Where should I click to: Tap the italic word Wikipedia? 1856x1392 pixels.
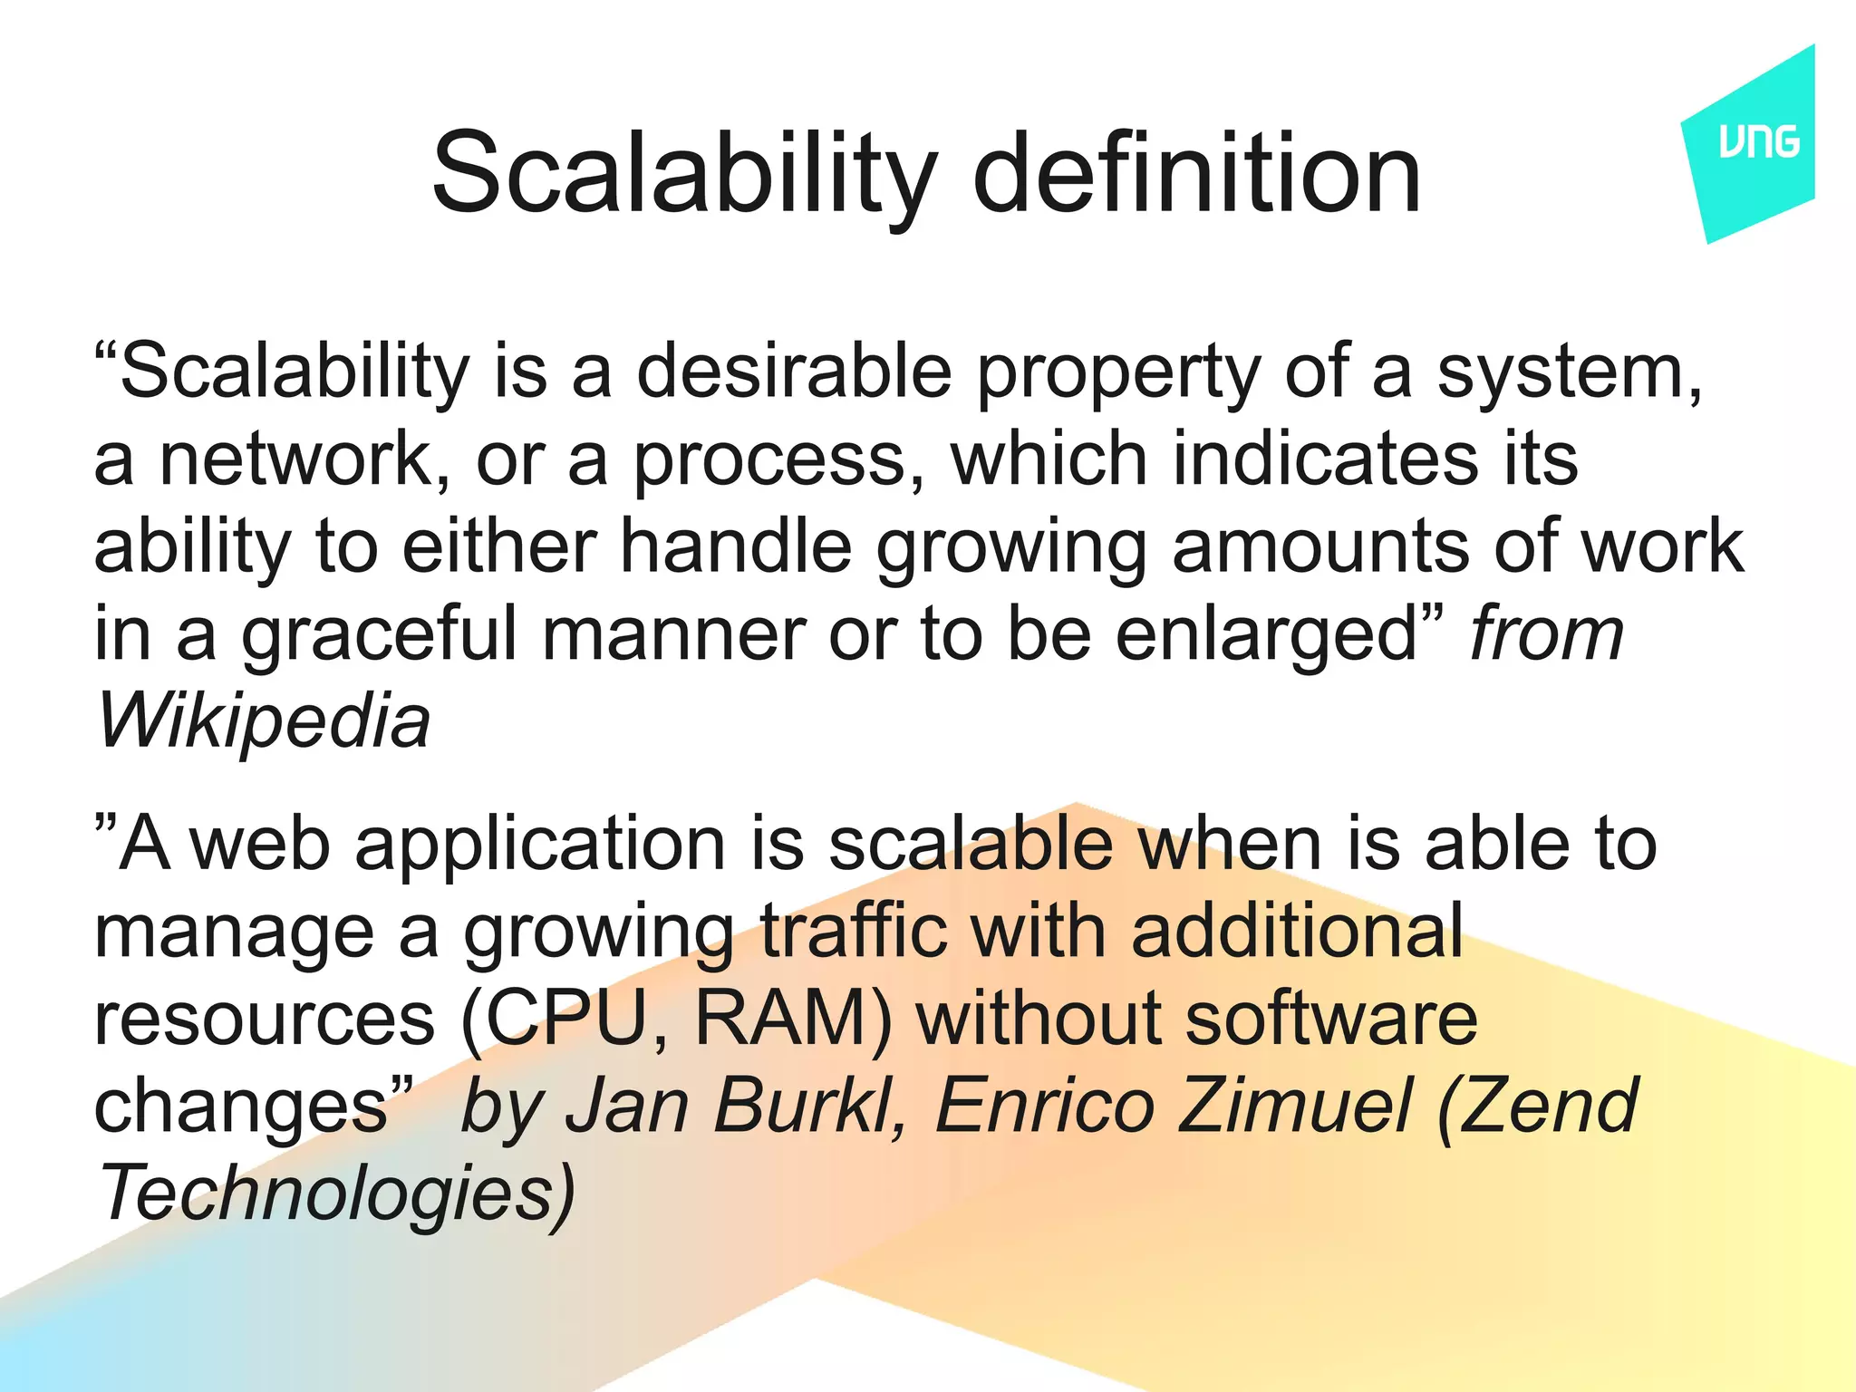[x=263, y=722]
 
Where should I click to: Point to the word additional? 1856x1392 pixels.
[x=1297, y=931]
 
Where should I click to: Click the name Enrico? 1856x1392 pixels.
[x=1043, y=1106]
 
